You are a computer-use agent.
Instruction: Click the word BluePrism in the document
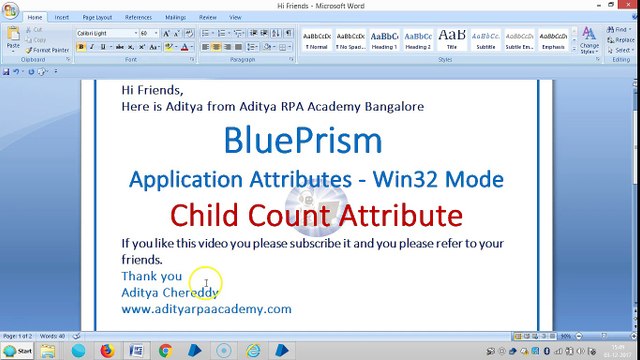(x=302, y=140)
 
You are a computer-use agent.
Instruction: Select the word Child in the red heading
(x=203, y=215)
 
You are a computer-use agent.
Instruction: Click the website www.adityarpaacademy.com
(x=206, y=309)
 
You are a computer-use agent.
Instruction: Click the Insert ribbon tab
(x=62, y=17)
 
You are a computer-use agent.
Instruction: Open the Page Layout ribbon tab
(x=97, y=17)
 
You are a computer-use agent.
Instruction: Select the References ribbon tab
(x=138, y=17)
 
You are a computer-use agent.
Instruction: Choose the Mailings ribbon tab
(x=175, y=17)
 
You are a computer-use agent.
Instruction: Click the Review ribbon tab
(x=207, y=17)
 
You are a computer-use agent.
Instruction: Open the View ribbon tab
(x=235, y=17)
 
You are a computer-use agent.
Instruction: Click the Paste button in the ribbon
(x=13, y=40)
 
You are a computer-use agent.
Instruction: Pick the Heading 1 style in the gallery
(x=384, y=40)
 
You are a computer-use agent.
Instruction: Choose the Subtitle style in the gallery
(x=485, y=40)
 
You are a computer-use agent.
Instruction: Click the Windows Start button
(x=18, y=351)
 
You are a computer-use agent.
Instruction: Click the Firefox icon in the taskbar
(x=107, y=351)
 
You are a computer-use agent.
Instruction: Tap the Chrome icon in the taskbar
(x=165, y=351)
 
